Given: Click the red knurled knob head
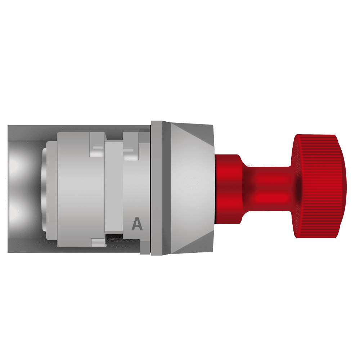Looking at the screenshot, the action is click(x=319, y=186).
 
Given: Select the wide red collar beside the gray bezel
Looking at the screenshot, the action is click(x=229, y=189).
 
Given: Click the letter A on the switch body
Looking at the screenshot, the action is click(x=137, y=224).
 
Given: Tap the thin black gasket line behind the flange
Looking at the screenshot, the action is click(x=150, y=188).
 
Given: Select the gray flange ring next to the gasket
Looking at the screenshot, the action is click(x=157, y=188).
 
